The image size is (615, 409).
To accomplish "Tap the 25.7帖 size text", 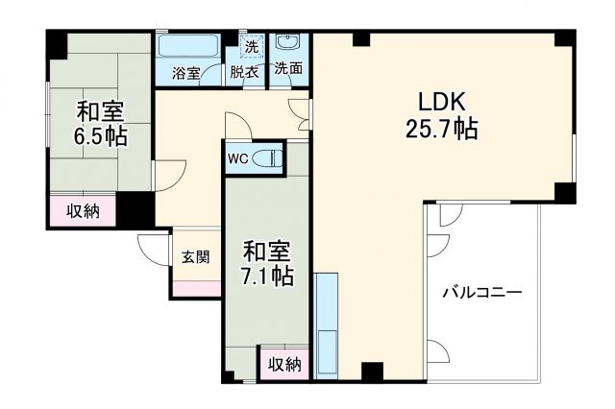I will click(441, 130).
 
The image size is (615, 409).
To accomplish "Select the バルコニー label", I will click(482, 292).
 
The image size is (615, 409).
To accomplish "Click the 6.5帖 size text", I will click(102, 135).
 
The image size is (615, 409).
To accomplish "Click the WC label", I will click(239, 159).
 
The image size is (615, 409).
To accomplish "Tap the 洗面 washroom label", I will click(287, 69).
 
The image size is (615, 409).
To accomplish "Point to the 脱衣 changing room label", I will click(244, 73).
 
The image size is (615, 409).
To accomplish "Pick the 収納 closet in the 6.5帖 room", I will click(83, 211).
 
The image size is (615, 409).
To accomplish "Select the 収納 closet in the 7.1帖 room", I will click(284, 364).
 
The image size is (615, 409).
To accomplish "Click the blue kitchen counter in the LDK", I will click(327, 326).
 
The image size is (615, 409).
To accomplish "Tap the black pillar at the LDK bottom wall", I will click(372, 370).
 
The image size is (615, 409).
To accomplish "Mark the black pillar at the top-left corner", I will click(57, 41).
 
